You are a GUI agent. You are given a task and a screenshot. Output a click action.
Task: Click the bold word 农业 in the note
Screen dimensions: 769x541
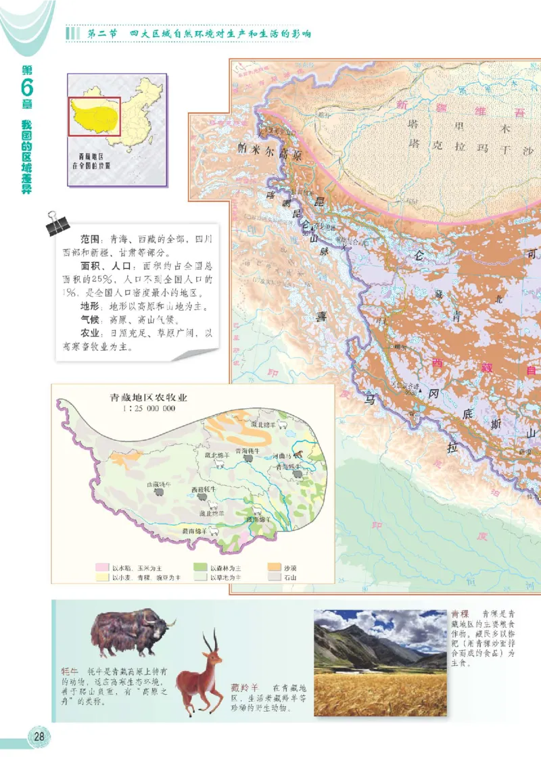click(x=91, y=333)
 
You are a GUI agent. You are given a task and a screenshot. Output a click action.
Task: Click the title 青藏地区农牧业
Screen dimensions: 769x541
click(x=149, y=398)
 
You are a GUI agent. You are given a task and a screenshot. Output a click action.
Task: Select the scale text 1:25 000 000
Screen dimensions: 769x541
click(x=149, y=409)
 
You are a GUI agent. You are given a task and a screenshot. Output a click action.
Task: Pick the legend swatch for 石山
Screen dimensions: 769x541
click(x=275, y=578)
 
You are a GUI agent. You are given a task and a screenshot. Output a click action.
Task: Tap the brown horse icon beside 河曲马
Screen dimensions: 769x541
click(x=298, y=455)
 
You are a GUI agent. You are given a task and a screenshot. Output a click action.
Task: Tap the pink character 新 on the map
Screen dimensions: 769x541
click(x=404, y=105)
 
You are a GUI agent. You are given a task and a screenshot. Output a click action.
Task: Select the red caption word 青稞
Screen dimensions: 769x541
click(x=460, y=614)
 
